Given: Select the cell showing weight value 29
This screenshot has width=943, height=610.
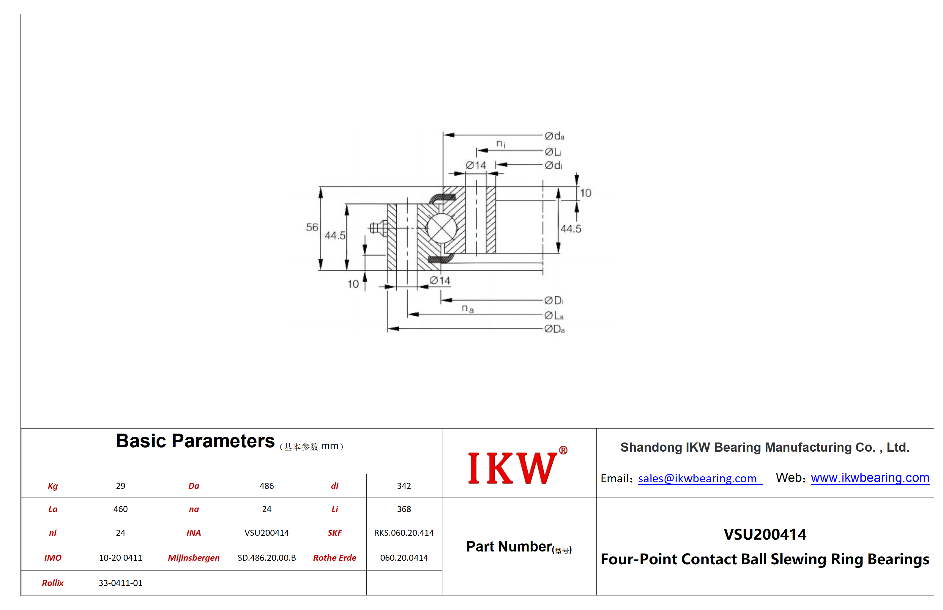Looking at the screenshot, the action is pyautogui.click(x=120, y=486).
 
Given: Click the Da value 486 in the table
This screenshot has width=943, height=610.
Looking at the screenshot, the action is pyautogui.click(x=267, y=486).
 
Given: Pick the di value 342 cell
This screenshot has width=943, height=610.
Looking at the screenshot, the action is pyautogui.click(x=404, y=486).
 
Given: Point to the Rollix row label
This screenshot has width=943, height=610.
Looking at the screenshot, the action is pyautogui.click(x=53, y=583).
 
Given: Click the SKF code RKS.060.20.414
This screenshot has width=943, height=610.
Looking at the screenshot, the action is pyautogui.click(x=404, y=533).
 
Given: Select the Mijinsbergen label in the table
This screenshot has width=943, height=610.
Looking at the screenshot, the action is pyautogui.click(x=193, y=558).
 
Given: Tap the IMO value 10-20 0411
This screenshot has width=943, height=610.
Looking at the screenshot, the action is pyautogui.click(x=120, y=558).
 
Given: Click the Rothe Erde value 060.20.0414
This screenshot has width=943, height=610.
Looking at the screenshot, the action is pyautogui.click(x=404, y=558).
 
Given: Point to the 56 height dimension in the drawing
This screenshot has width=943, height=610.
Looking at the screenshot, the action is pyautogui.click(x=312, y=227).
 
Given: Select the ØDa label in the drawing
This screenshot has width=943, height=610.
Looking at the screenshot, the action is pyautogui.click(x=554, y=329).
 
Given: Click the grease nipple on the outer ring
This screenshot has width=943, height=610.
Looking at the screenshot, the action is pyautogui.click(x=379, y=228).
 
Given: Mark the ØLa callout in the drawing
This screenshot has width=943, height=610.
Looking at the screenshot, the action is pyautogui.click(x=554, y=315).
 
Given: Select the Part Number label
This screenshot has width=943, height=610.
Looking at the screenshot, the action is pyautogui.click(x=519, y=547).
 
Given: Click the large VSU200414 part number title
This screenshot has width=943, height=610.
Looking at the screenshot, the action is pyautogui.click(x=765, y=534).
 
